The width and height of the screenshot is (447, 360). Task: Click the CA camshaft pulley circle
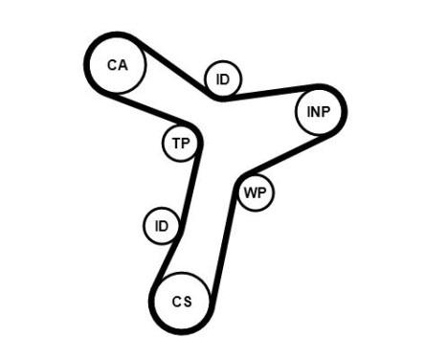(x=116, y=65)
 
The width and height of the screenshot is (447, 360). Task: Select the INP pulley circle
(x=319, y=112)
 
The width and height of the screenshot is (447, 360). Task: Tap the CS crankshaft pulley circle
(x=183, y=301)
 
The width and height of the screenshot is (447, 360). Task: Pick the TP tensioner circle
(x=180, y=144)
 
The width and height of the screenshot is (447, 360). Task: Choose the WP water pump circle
(x=254, y=192)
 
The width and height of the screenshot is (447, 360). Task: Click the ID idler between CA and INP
(x=223, y=79)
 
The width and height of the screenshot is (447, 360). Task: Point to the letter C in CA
(x=111, y=65)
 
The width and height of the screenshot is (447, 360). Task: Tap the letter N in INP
(x=318, y=112)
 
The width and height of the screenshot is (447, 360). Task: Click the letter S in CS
(x=188, y=301)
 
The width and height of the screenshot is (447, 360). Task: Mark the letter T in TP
(x=175, y=144)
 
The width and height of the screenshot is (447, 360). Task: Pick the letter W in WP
(x=249, y=192)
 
